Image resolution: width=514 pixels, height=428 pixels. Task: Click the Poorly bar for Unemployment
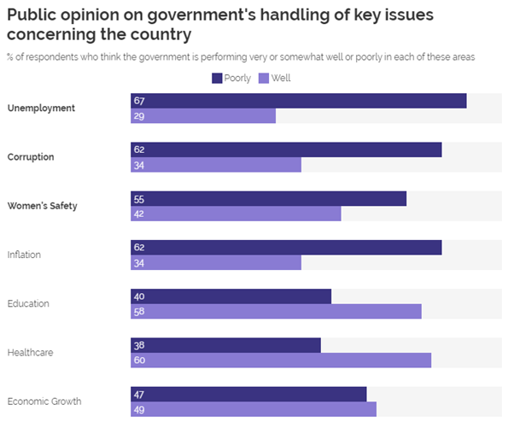(298, 101)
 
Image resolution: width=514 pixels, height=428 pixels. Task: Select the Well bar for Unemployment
(203, 115)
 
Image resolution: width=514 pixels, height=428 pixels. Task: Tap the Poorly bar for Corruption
(286, 150)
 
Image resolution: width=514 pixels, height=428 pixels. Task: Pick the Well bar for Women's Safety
(236, 214)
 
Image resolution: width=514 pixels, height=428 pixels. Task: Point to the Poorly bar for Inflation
(286, 247)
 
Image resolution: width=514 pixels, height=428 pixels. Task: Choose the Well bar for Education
(276, 311)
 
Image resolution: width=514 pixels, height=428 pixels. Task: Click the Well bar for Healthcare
(281, 360)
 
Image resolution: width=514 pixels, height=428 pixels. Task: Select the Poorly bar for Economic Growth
(248, 394)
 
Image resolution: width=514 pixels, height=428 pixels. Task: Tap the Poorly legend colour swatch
(216, 79)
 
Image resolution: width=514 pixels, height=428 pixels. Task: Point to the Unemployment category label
(41, 108)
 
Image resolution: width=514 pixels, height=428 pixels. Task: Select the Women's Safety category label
(42, 206)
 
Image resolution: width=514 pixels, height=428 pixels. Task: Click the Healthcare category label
(28, 352)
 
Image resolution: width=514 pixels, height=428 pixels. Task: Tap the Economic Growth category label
(44, 402)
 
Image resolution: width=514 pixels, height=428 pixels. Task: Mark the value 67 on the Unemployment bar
(138, 101)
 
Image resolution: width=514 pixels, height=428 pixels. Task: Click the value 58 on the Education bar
(138, 311)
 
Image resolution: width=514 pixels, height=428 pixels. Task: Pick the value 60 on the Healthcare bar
(138, 360)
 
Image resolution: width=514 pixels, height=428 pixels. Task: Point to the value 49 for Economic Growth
(138, 409)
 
